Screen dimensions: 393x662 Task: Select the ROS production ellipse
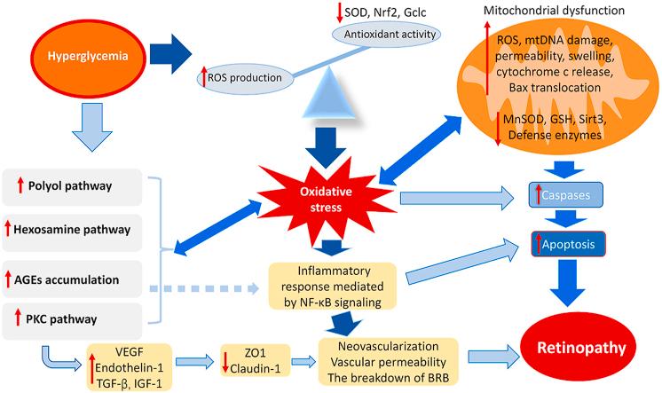[x=246, y=78]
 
